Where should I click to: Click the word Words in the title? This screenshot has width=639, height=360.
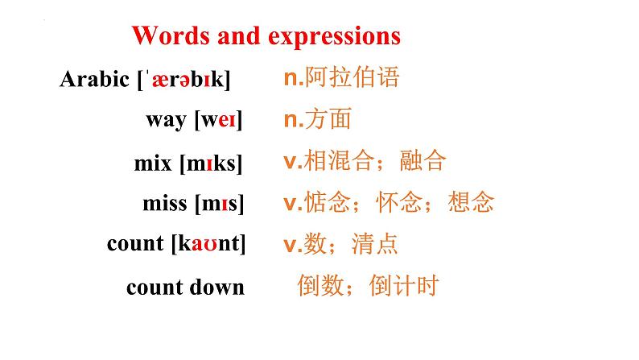click(171, 35)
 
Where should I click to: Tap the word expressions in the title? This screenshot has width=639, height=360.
click(334, 37)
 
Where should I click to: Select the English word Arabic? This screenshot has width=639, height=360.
click(94, 79)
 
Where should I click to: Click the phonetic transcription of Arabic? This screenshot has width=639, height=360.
click(183, 80)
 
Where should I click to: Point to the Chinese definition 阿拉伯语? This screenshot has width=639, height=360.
click(352, 77)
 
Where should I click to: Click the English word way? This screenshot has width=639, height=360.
click(167, 121)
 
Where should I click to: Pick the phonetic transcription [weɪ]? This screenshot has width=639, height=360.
click(218, 120)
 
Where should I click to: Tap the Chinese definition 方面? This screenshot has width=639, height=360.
click(328, 118)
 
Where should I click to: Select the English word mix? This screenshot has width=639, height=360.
click(153, 163)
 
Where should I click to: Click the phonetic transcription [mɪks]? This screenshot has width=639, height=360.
click(211, 163)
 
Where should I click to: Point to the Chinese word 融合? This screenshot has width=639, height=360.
click(423, 159)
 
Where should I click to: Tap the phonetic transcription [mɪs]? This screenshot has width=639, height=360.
click(220, 204)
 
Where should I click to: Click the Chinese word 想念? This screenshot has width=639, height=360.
click(471, 202)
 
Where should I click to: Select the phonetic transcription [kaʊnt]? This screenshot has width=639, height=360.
click(208, 243)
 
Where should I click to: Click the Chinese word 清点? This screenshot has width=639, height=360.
click(374, 244)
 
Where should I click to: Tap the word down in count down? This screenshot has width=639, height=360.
click(217, 287)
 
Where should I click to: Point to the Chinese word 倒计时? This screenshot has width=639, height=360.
click(404, 285)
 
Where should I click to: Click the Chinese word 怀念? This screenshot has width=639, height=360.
click(399, 202)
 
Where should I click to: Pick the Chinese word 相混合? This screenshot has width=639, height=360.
click(339, 159)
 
